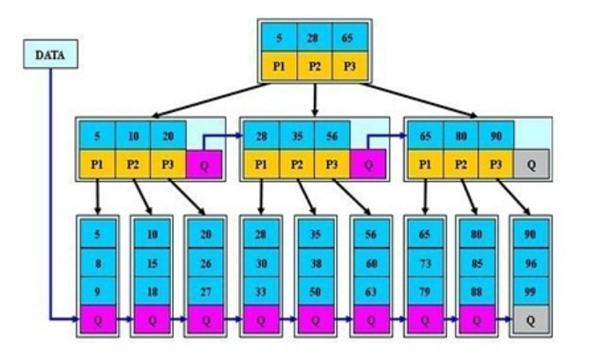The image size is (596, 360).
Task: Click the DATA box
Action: tap(49, 55)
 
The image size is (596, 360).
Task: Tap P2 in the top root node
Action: tap(315, 67)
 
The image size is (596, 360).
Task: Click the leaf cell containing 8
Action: tap(97, 262)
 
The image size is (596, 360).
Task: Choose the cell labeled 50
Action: tap(315, 289)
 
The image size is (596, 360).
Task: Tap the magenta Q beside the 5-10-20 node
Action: tap(204, 165)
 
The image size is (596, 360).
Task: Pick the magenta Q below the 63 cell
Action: tap(369, 320)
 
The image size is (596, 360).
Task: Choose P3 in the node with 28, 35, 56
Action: tap(332, 164)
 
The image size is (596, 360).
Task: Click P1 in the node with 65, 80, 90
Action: tap(425, 164)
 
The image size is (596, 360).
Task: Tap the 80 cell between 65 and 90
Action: tap(460, 137)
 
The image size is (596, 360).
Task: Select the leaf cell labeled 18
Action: tap(152, 289)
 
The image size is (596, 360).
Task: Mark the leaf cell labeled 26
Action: tap(205, 262)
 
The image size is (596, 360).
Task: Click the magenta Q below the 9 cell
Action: tap(97, 320)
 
